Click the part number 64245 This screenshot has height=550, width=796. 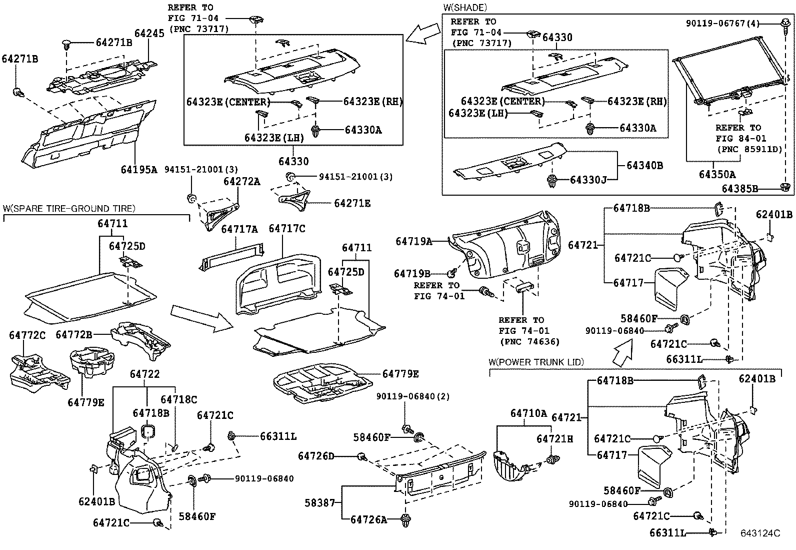tap(149, 34)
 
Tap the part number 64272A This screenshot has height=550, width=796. tap(241, 182)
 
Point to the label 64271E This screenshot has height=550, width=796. tap(352, 203)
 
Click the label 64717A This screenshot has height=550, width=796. tap(239, 229)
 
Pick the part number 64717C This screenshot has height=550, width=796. tap(286, 229)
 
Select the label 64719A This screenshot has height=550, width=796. tap(413, 241)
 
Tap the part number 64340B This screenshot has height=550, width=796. tap(644, 165)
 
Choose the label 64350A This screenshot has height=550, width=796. tap(717, 174)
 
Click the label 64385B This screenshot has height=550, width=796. tap(740, 189)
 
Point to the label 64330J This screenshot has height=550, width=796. tap(588, 179)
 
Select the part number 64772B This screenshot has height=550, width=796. tap(74, 334)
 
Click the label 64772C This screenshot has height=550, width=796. tap(27, 335)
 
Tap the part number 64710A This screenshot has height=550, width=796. tap(528, 413)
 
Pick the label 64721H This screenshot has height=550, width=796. tap(554, 438)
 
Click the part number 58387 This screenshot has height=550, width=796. tap(320, 502)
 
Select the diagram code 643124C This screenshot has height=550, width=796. tap(760, 533)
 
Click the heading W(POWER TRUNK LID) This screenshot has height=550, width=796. tap(536, 362)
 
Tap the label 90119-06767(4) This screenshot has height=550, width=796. tap(732, 23)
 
